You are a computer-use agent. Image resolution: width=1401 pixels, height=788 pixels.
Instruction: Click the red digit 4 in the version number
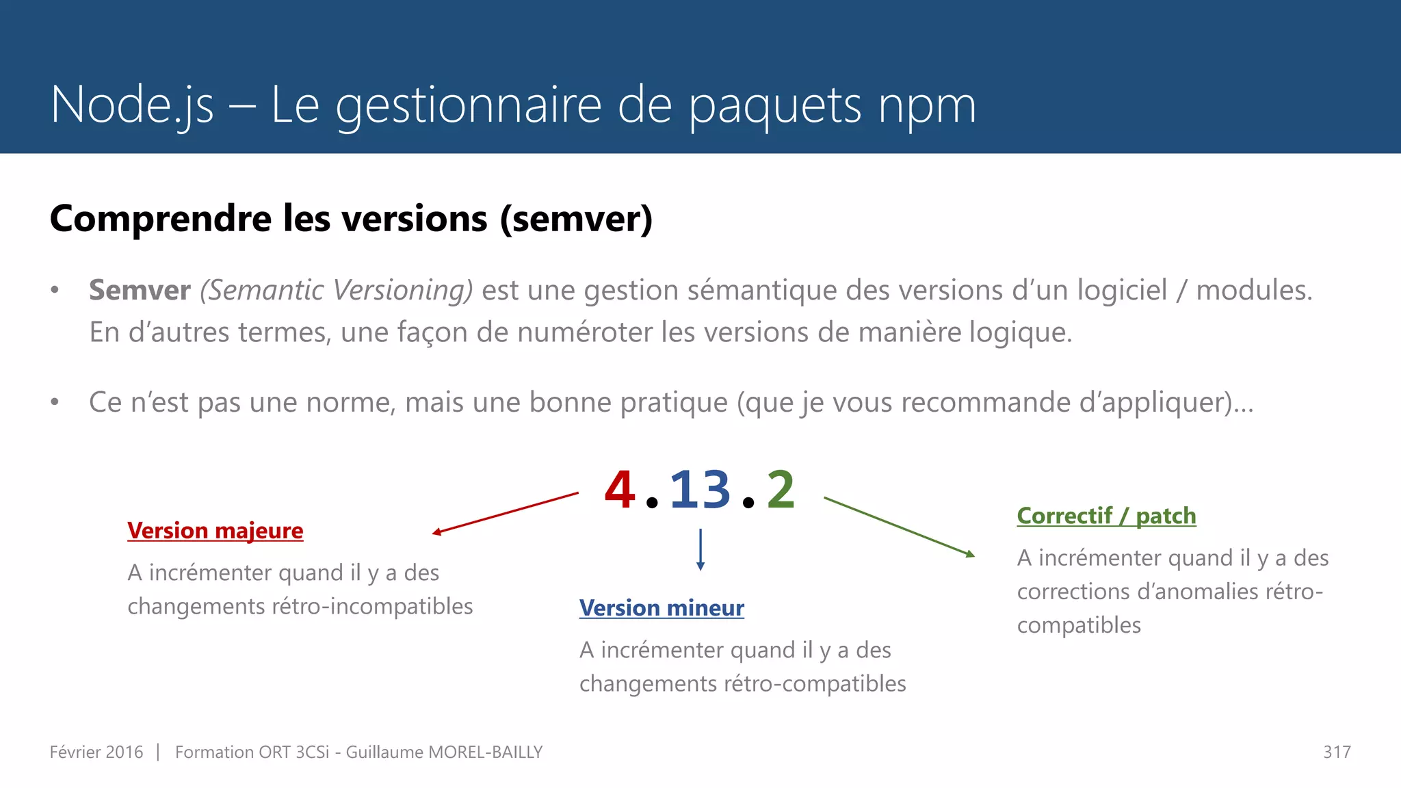(620, 490)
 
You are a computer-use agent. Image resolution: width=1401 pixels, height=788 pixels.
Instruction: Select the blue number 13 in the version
(700, 490)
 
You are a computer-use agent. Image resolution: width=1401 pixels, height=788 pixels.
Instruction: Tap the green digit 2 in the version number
(781, 490)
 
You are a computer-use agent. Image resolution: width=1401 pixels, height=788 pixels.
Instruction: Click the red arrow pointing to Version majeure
(506, 513)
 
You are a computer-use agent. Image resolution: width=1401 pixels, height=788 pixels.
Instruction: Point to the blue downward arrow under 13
(700, 549)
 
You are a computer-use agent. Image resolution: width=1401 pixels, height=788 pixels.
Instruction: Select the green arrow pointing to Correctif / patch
(899, 527)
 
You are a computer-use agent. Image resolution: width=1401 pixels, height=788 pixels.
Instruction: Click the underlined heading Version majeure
(215, 531)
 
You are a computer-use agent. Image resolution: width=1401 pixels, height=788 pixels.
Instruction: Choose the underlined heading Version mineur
(662, 608)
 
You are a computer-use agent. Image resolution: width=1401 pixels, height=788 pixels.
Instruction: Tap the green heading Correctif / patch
(1106, 516)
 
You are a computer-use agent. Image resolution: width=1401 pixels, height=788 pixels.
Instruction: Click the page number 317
(1337, 752)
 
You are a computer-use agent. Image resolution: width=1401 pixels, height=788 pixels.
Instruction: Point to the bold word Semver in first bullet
(140, 290)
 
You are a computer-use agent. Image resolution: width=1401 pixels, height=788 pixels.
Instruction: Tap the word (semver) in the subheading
(576, 219)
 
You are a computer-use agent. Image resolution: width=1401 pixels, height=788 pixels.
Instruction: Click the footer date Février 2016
(96, 752)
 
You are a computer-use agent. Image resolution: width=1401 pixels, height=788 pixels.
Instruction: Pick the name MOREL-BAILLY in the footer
(485, 752)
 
